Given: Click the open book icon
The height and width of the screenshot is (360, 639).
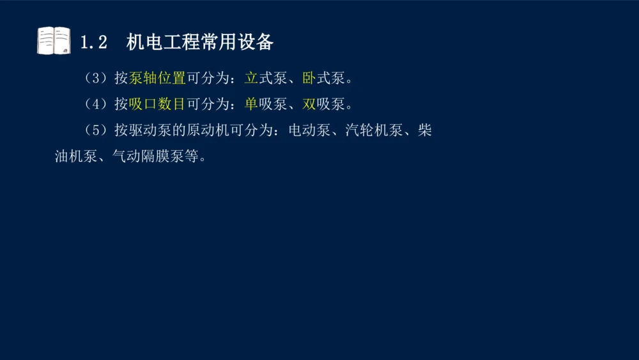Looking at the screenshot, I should coord(54,41).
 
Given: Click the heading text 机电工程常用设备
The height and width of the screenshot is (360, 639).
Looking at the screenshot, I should coord(200,42).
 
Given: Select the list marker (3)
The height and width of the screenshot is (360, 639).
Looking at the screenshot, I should coord(96,79).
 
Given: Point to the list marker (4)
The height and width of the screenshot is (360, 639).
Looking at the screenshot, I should coord(96,104).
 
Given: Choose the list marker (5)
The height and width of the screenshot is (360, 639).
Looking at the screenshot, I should coord(96,130).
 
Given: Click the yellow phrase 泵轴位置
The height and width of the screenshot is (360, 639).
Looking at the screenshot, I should coord(157,79).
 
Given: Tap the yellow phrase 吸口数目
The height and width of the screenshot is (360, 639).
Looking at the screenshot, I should coord(157,104).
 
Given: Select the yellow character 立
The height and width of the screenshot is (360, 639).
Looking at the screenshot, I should coord(251,79).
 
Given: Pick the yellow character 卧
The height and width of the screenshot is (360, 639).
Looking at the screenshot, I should coord(309,79).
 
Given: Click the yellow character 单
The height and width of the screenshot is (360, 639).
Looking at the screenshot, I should coord(251,104).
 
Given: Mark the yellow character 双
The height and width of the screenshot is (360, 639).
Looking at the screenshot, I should coord(309,104).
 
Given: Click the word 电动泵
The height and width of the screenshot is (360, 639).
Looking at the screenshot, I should coord(309,130).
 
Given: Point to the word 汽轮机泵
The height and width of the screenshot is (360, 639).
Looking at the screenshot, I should coord(374,130).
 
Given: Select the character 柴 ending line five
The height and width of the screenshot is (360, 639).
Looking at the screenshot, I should coord(425,130).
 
